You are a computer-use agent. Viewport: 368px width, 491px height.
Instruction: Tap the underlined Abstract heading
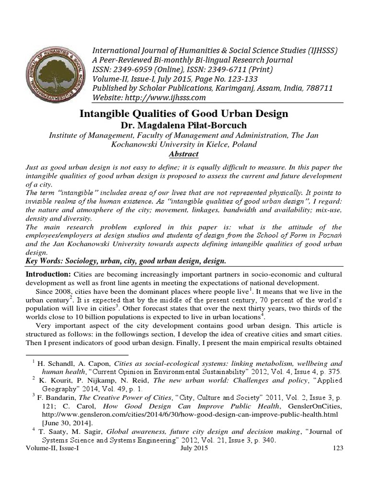[184, 154]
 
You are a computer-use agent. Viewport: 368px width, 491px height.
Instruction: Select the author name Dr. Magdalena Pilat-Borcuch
[184, 125]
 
